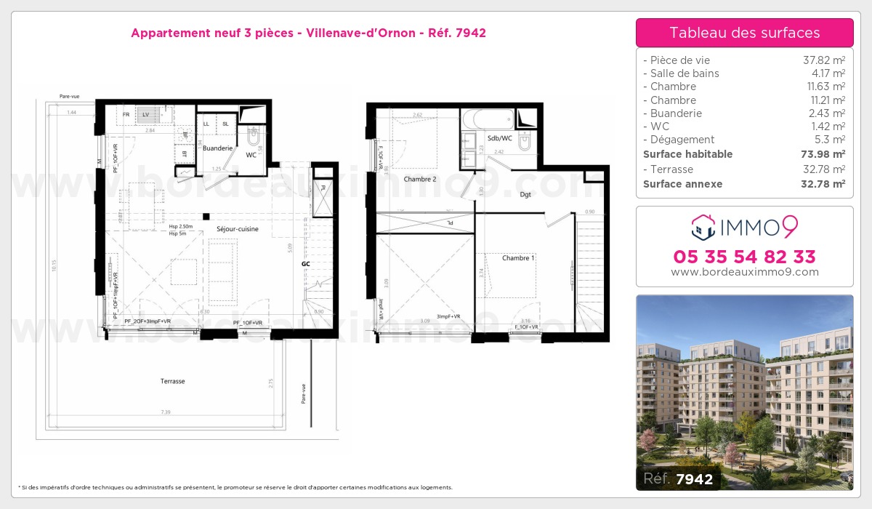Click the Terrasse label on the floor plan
173,381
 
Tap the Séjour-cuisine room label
237,229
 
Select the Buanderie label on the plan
217,148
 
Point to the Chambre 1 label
518,258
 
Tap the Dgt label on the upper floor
525,194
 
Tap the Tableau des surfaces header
744,33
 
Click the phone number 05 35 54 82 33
744,257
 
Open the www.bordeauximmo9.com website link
744,272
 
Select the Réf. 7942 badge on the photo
679,478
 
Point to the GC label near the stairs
306,263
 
